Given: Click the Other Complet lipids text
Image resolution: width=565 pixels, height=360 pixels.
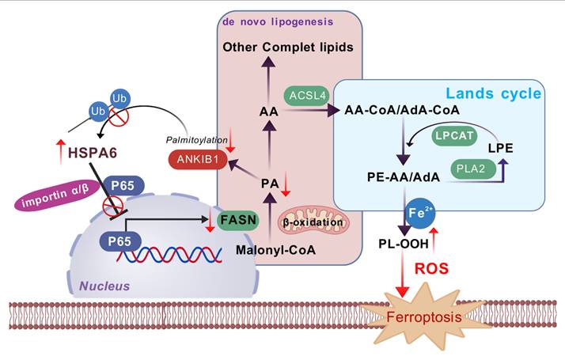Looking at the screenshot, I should [x=287, y=47].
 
